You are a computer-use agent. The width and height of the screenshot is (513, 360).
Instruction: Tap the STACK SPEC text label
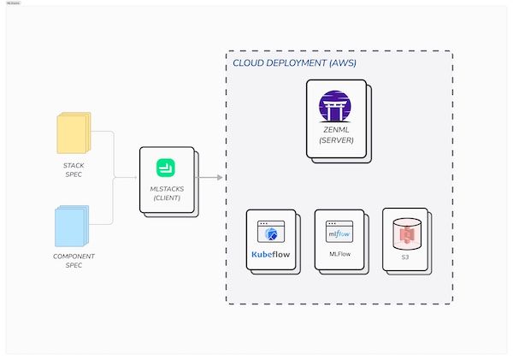[74, 169]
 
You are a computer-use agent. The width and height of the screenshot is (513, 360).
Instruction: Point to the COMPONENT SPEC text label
[74, 261]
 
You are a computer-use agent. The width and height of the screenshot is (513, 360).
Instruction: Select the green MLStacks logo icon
[165, 168]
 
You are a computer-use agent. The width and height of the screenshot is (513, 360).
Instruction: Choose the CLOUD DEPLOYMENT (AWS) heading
[294, 63]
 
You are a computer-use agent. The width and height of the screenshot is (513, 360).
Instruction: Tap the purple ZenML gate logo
[335, 109]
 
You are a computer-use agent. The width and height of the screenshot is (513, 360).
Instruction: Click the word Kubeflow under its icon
[270, 254]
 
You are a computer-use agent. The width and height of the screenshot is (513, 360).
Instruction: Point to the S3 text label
[404, 256]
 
